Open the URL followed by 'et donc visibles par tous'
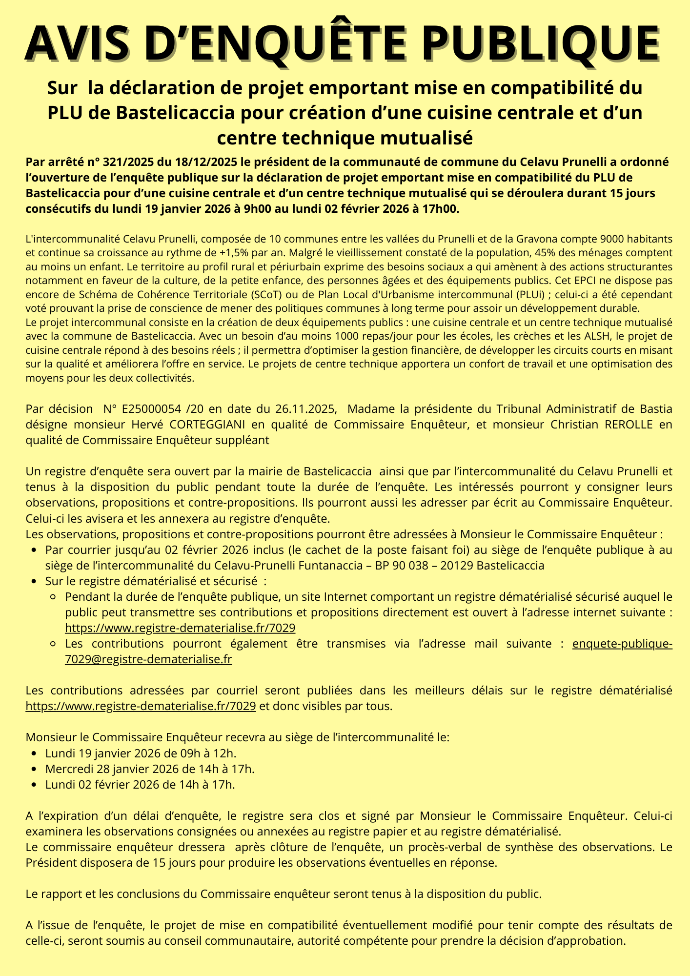141,706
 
